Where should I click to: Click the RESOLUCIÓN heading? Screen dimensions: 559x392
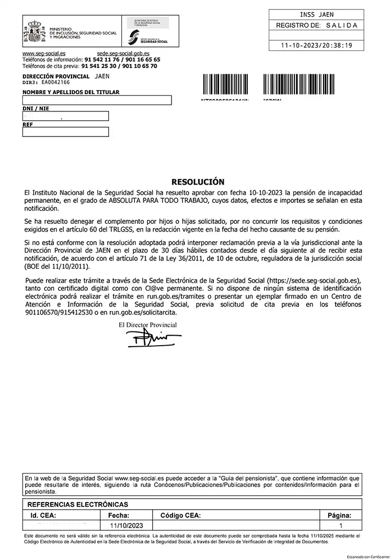tap(198, 182)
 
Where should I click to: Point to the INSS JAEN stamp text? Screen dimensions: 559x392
tap(317, 15)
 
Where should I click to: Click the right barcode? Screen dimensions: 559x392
tap(286, 86)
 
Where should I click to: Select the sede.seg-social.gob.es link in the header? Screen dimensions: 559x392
tap(123, 54)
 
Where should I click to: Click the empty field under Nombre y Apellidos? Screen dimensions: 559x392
tap(97, 100)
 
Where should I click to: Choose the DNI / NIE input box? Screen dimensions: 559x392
tap(65, 116)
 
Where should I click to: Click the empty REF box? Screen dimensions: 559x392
tap(65, 132)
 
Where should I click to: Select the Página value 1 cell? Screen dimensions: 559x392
tap(341, 526)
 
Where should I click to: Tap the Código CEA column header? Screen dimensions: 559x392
tap(180, 516)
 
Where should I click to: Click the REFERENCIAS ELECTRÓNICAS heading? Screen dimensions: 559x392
tap(77, 505)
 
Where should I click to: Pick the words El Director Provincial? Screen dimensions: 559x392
tap(148, 325)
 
